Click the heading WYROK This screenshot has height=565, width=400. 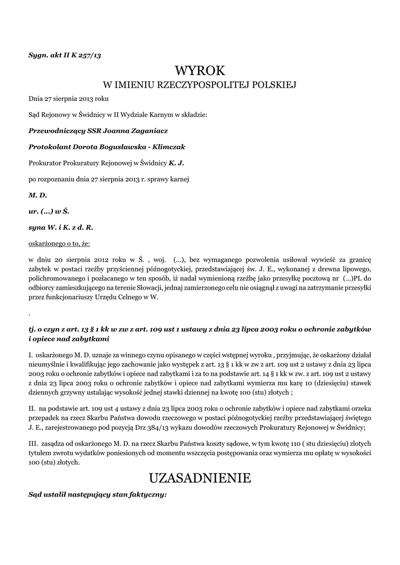click(x=200, y=70)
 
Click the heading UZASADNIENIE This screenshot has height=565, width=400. click(x=200, y=478)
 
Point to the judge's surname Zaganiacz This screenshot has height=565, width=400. click(x=148, y=131)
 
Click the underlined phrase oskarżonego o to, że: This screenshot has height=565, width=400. click(x=59, y=243)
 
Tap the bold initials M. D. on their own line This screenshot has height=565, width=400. click(x=38, y=195)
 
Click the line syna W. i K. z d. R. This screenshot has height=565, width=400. click(x=61, y=227)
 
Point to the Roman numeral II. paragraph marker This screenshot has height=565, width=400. click(x=32, y=408)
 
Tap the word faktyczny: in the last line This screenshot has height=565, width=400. click(x=147, y=494)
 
